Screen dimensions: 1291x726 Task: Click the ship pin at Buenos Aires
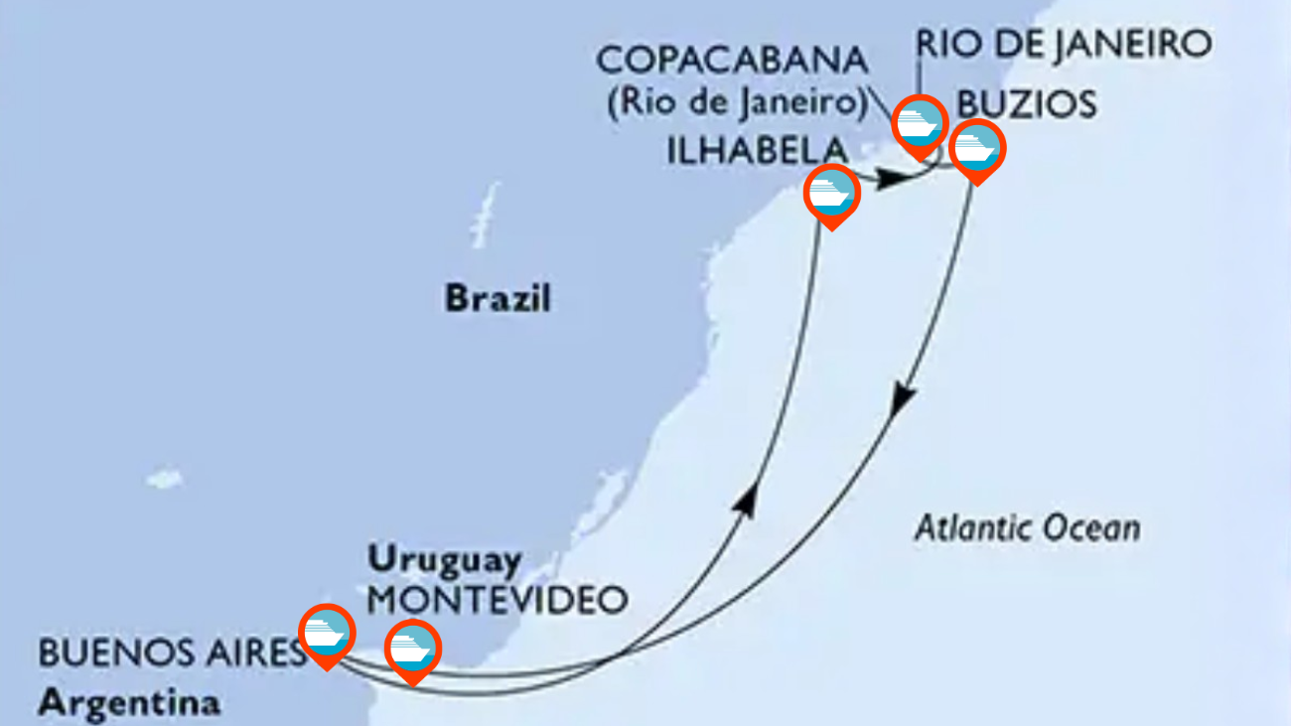pyautogui.click(x=327, y=632)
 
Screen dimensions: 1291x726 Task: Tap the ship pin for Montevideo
pyautogui.click(x=412, y=648)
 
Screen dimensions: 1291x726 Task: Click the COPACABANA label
pyautogui.click(x=732, y=61)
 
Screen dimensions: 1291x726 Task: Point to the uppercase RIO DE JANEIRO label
pyautogui.click(x=1064, y=44)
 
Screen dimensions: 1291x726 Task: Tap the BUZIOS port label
pyautogui.click(x=1026, y=104)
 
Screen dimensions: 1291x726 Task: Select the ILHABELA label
pyautogui.click(x=757, y=150)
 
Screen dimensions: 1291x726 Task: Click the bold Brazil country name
pyautogui.click(x=498, y=298)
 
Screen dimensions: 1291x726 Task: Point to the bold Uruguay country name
pyautogui.click(x=445, y=560)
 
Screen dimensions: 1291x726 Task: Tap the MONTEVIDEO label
pyautogui.click(x=498, y=599)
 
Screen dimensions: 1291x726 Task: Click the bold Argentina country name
pyautogui.click(x=129, y=703)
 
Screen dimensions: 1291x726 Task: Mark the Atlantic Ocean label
pyautogui.click(x=1027, y=527)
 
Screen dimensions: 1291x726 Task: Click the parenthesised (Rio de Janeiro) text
pyautogui.click(x=734, y=102)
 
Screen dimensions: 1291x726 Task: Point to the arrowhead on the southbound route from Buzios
pyautogui.click(x=903, y=401)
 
